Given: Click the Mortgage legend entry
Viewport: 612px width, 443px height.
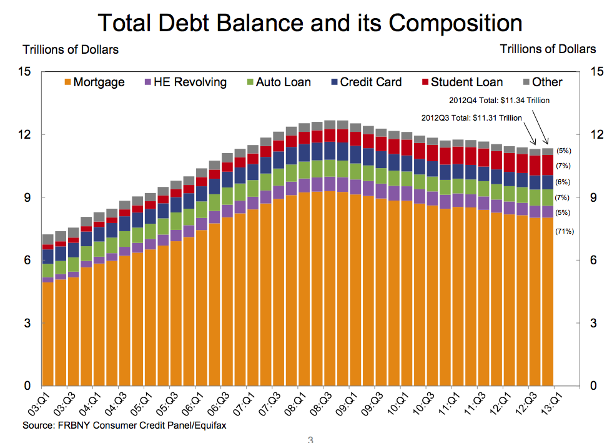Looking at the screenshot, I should coord(94,82).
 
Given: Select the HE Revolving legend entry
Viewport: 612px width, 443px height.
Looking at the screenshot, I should coord(185,82).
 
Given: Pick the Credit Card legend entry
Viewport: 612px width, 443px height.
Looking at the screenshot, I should coord(365,82).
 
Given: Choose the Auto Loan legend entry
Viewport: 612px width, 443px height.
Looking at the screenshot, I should coord(277,82).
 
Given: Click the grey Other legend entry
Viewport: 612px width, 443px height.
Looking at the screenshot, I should coord(541,82).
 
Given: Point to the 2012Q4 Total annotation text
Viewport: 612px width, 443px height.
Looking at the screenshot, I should coord(499,100).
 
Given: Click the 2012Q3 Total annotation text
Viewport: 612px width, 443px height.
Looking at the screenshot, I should coord(471,117).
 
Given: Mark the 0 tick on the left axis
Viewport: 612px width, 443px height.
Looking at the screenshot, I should coord(27,386).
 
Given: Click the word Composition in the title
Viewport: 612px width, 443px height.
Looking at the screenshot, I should coord(455,23).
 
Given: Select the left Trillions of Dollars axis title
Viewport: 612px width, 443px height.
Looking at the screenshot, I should coord(71,49).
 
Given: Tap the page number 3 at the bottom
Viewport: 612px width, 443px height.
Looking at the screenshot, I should coord(310,439).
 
